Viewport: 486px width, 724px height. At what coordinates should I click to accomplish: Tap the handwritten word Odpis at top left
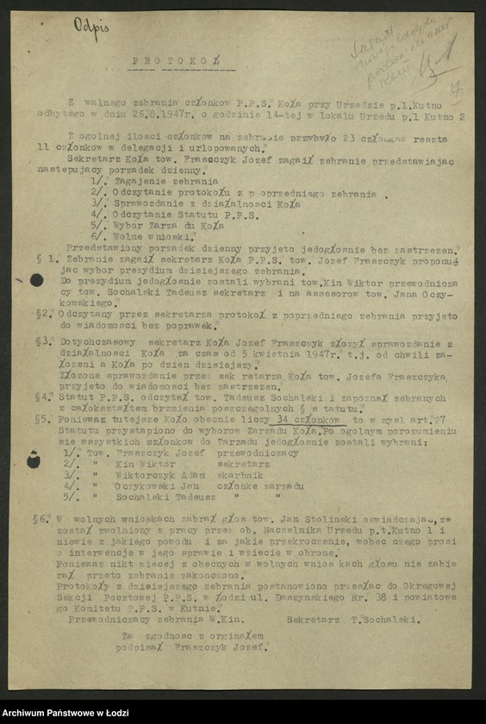pos(92,29)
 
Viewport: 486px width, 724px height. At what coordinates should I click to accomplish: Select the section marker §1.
pos(50,259)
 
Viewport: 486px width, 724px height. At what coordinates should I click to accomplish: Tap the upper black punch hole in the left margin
pos(36,279)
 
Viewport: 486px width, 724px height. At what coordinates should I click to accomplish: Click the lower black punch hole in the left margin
pos(34,460)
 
